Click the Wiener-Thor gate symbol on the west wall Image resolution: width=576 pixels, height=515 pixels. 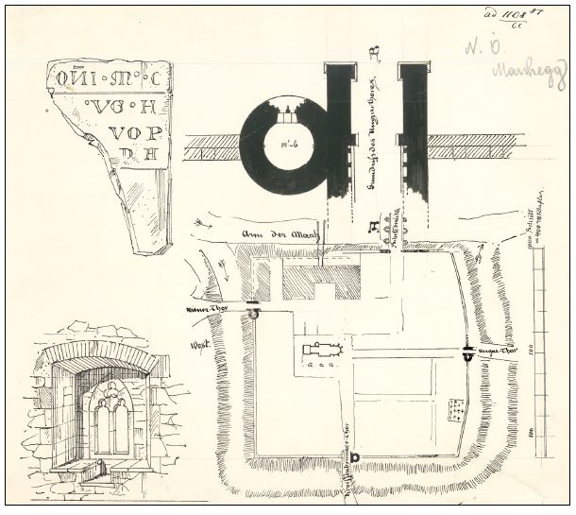point(253,313)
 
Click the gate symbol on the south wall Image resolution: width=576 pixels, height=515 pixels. point(356,457)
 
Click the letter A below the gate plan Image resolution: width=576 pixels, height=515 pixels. point(374,225)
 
